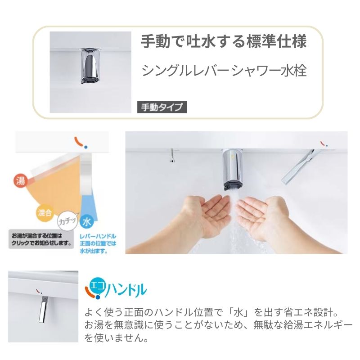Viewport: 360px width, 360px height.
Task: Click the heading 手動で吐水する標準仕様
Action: (x=224, y=43)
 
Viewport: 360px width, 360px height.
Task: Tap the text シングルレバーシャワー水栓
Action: (x=224, y=71)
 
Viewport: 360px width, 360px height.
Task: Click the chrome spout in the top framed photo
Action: (x=90, y=65)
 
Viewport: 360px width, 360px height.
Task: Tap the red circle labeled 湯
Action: (x=20, y=180)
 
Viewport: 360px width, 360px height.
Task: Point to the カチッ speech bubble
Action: (x=67, y=221)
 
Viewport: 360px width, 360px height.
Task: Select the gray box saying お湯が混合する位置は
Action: (x=40, y=239)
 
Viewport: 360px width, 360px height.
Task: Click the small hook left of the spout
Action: (x=172, y=155)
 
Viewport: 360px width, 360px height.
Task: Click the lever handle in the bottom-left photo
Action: (x=44, y=311)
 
